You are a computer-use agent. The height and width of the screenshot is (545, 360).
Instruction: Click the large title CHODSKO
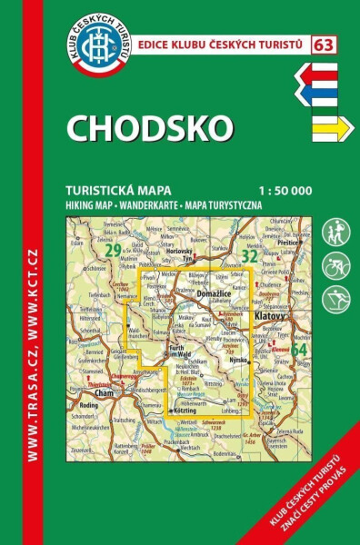(150, 128)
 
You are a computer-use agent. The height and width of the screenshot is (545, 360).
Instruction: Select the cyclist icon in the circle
(336, 265)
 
